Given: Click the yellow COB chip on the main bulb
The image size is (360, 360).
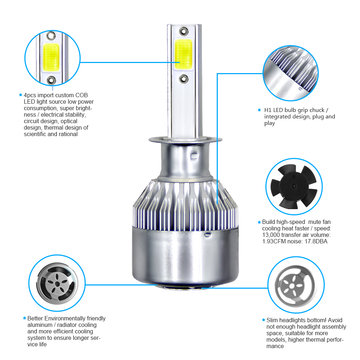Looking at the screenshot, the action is (x=183, y=54).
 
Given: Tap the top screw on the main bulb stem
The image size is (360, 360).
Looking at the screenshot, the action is (x=184, y=31).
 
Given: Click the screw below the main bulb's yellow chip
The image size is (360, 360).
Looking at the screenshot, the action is (x=184, y=79).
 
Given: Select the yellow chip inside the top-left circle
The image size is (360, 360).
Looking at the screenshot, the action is (x=51, y=57).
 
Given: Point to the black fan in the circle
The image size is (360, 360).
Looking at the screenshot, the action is (x=294, y=186).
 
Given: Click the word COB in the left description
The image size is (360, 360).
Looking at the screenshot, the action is (x=81, y=95).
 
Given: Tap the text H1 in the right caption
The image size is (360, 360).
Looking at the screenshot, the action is (x=268, y=110).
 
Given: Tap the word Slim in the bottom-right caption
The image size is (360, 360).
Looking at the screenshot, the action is (x=272, y=320).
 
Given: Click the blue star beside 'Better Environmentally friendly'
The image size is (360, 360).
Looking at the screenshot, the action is (x=24, y=318).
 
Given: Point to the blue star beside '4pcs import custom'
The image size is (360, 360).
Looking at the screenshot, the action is (x=21, y=95).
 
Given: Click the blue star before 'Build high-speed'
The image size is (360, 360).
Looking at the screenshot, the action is (x=259, y=222).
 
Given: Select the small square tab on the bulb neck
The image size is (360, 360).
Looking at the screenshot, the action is (x=194, y=156).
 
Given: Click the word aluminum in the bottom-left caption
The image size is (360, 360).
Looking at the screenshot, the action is (x=40, y=325).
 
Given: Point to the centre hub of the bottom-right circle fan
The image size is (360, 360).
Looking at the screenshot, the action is (x=292, y=286).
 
